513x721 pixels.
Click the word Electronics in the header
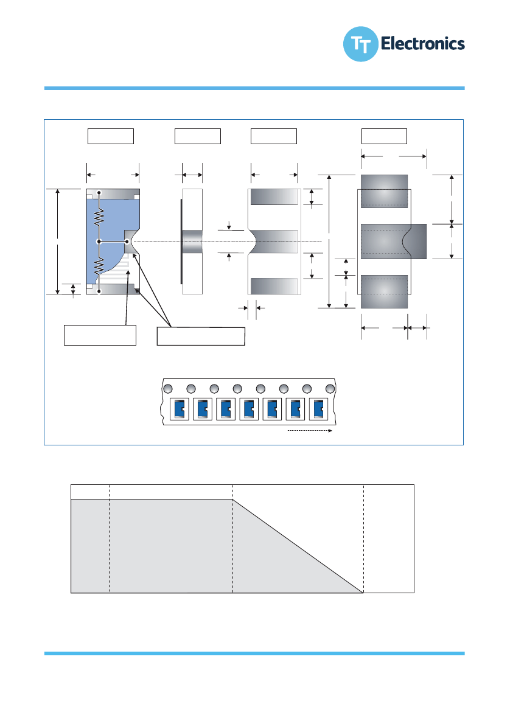click(422, 44)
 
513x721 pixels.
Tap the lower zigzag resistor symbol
click(99, 265)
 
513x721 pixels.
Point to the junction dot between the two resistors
click(99, 242)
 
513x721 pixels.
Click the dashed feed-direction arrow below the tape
click(309, 431)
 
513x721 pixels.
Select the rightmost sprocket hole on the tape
click(330, 389)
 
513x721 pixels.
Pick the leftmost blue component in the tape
click(179, 409)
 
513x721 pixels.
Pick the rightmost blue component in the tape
click(318, 409)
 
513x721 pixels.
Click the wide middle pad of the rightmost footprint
click(393, 241)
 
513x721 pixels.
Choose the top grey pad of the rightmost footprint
click(384, 190)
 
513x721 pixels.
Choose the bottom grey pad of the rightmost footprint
click(384, 291)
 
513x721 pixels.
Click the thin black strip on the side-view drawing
click(181, 242)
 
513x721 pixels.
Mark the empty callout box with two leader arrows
click(201, 336)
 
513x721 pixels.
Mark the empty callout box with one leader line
click(100, 335)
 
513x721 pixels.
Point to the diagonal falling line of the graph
click(298, 546)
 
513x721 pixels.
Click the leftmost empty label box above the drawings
click(111, 136)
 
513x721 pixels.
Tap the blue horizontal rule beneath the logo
click(254, 88)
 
